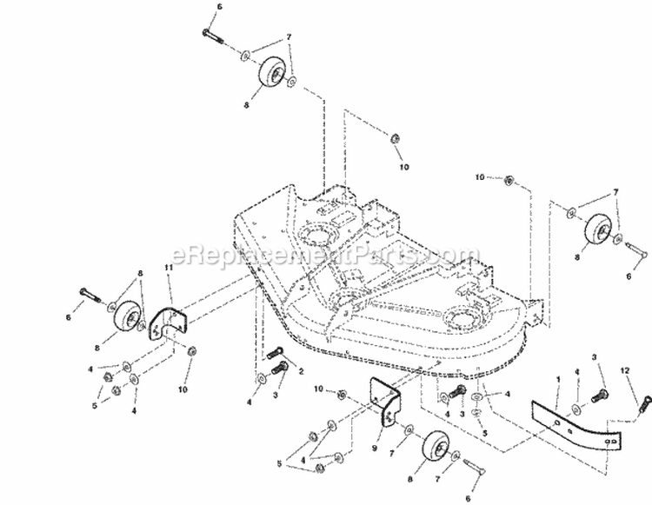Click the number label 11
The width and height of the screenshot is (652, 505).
(x=169, y=269)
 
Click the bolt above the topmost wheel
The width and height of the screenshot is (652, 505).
(x=214, y=35)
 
